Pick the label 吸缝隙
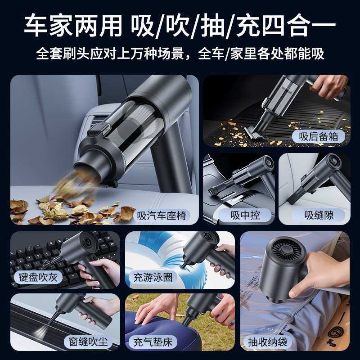pos(319,215)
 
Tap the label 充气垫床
pos(153,342)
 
